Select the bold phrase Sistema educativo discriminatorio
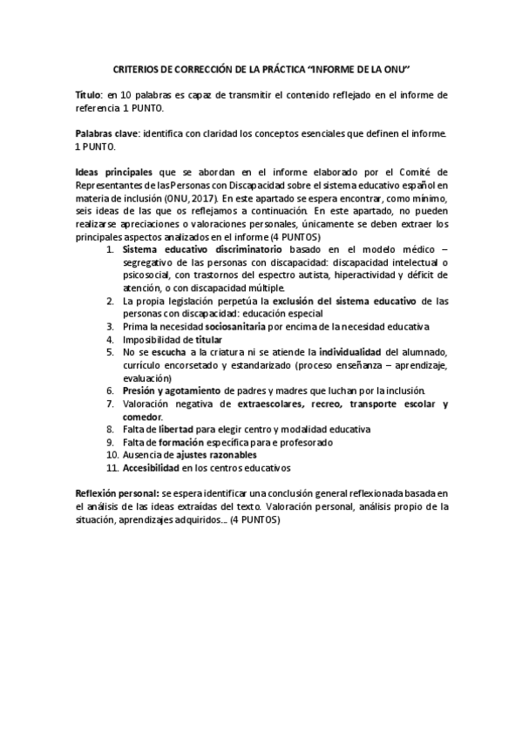pyautogui.click(x=201, y=250)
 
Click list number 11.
pyautogui.click(x=112, y=468)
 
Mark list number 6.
pyautogui.click(x=110, y=390)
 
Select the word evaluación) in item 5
pyautogui.click(x=146, y=377)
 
